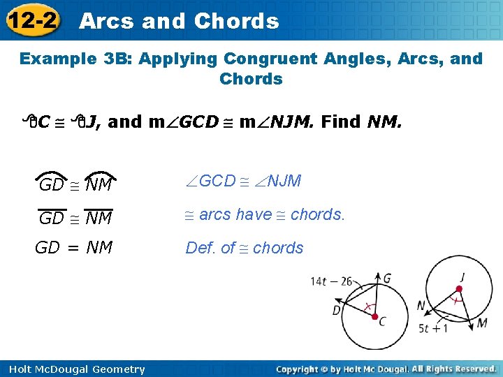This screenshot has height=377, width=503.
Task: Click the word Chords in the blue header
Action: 236,21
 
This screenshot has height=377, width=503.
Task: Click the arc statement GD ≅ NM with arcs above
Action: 75,184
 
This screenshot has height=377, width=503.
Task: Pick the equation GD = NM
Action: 74,247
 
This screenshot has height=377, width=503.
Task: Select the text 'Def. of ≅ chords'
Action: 244,248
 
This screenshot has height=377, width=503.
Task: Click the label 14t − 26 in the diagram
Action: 331,282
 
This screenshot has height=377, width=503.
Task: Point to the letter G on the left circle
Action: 387,278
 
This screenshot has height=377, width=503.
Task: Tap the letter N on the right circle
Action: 421,306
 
